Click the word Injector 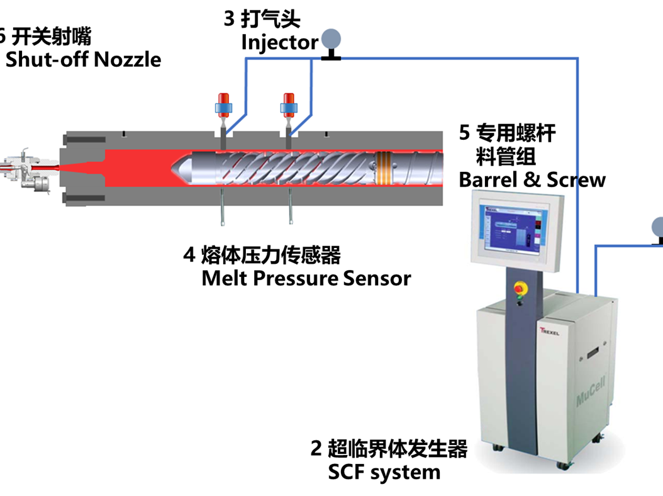coord(279,43)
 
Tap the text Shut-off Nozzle coord(83,60)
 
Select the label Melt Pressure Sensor coord(306,278)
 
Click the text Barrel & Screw coord(532,180)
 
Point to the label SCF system coord(384,471)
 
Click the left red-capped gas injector coord(224,105)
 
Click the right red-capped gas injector coord(289,105)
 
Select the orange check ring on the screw coord(383,165)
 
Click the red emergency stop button coord(520,288)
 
